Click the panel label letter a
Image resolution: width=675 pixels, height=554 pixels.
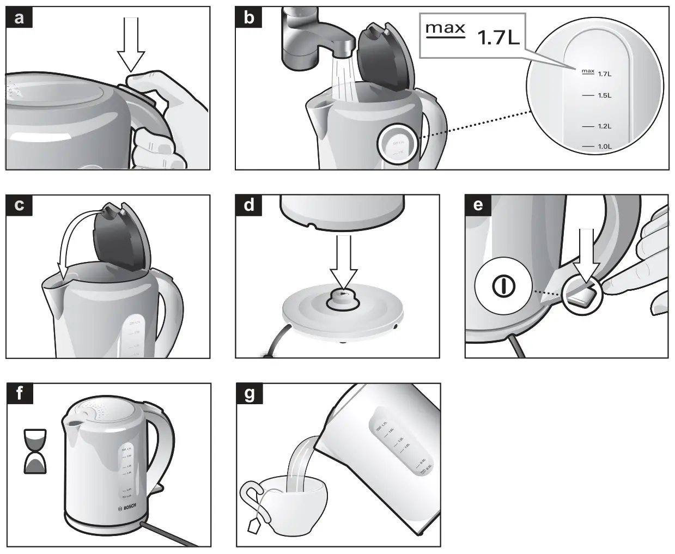point(20,18)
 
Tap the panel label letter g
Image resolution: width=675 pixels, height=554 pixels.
point(250,394)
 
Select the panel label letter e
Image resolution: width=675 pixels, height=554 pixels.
point(478,205)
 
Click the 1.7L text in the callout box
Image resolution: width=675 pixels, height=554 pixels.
point(498,37)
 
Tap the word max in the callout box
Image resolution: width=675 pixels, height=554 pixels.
point(445,28)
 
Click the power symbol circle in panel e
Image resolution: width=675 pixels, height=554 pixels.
point(503,286)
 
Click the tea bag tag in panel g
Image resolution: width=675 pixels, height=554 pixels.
point(254,525)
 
